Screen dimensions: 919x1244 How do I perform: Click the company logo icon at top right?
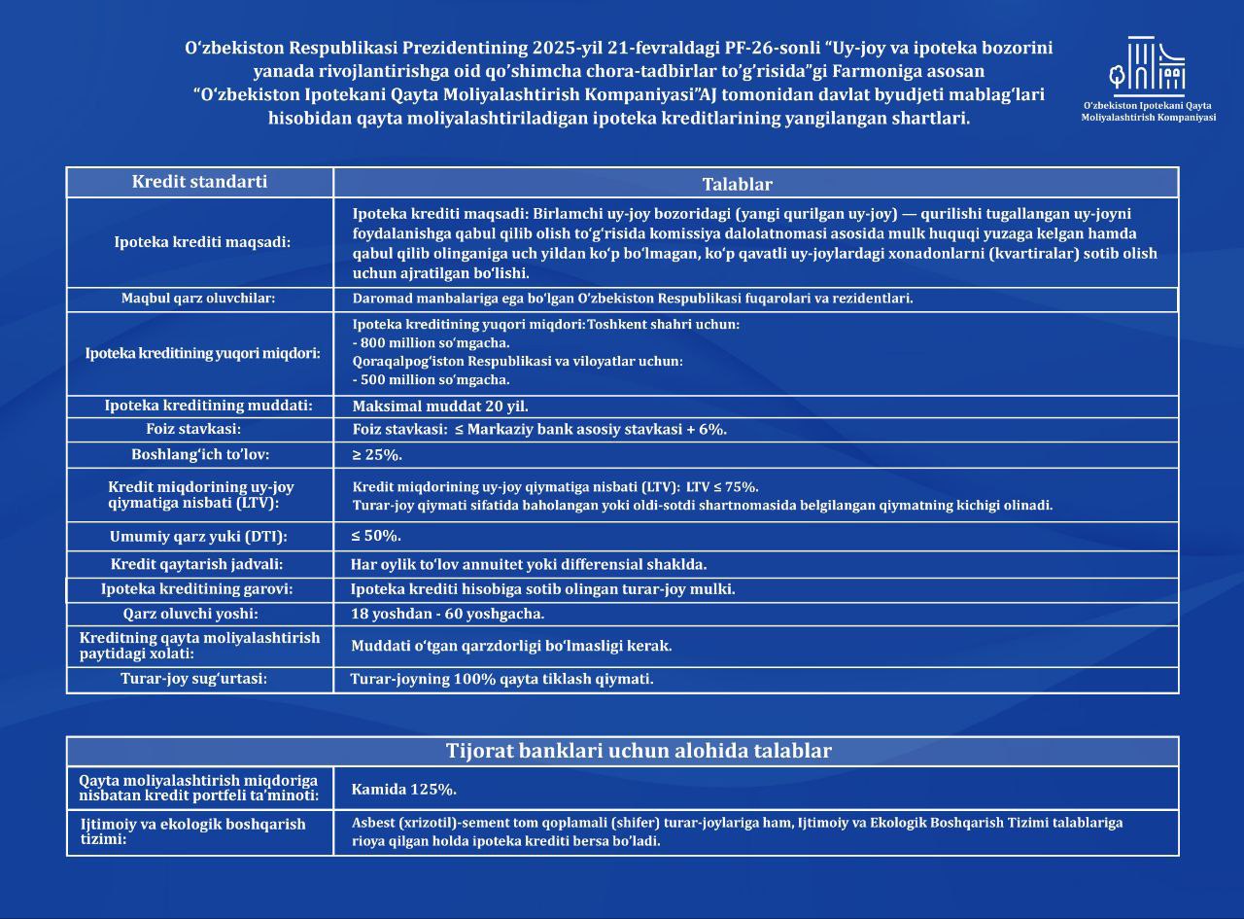pyautogui.click(x=1148, y=66)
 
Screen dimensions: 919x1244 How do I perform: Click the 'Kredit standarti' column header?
pyautogui.click(x=199, y=182)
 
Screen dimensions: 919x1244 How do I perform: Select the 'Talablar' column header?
pyautogui.click(x=737, y=184)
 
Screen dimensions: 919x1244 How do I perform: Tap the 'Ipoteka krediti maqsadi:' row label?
pyautogui.click(x=202, y=242)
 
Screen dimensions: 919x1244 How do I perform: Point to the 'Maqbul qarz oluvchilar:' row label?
pyautogui.click(x=198, y=299)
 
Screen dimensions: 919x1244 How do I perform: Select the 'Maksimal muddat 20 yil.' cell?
pyautogui.click(x=440, y=406)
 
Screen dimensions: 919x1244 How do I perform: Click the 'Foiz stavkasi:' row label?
pyautogui.click(x=200, y=429)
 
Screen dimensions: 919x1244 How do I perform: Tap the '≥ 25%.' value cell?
pyautogui.click(x=377, y=455)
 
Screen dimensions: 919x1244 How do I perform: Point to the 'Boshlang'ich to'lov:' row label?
pyautogui.click(x=200, y=454)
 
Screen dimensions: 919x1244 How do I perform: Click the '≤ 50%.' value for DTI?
pyautogui.click(x=376, y=536)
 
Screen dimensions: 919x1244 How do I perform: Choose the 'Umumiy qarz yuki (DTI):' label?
pyautogui.click(x=199, y=536)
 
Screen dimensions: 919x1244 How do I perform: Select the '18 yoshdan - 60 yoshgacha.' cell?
pyautogui.click(x=447, y=614)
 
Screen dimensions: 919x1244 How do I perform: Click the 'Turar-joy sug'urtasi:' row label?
pyautogui.click(x=193, y=679)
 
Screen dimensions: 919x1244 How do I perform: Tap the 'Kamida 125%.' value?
pyautogui.click(x=403, y=789)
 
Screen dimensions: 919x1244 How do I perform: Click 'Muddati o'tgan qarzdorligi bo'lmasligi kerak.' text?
pyautogui.click(x=511, y=646)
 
